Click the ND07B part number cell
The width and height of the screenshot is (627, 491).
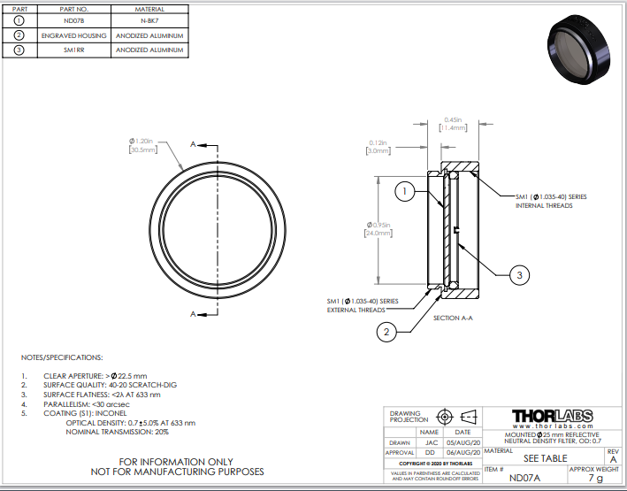74,20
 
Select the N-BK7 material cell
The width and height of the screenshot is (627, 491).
150,20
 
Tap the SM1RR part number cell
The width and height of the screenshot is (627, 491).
74,50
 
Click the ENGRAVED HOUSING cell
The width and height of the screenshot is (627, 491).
74,35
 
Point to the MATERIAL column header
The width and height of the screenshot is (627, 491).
150,8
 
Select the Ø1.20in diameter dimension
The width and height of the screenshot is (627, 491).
141,145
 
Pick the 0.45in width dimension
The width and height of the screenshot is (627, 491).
453,124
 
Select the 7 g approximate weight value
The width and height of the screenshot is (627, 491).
595,478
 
